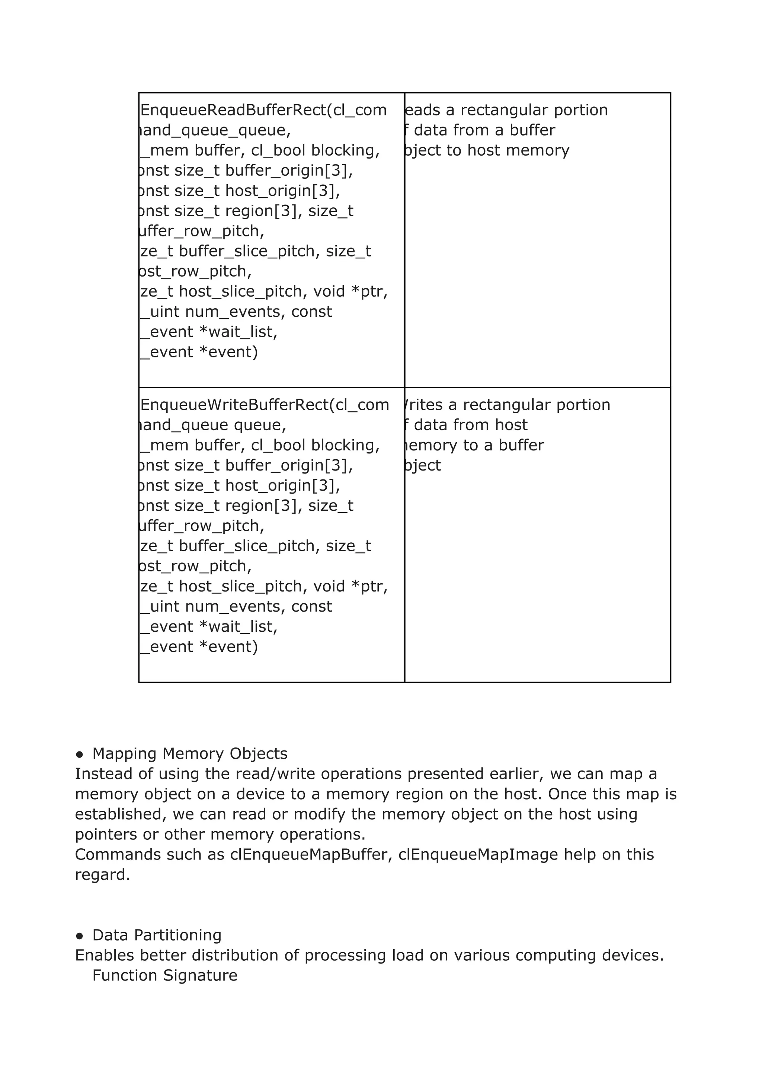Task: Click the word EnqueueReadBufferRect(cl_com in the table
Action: pyautogui.click(x=264, y=110)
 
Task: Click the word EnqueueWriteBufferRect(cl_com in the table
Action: pyautogui.click(x=265, y=405)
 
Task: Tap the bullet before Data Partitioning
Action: pyautogui.click(x=80, y=936)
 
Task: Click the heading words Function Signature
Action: pyautogui.click(x=165, y=976)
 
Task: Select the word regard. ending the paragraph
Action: pyautogui.click(x=102, y=875)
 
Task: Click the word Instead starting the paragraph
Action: pyautogui.click(x=103, y=774)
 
